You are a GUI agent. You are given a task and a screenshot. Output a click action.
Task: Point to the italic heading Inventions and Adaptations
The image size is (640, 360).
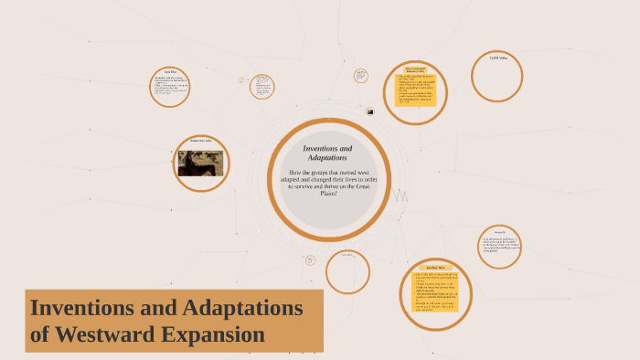pos(326,153)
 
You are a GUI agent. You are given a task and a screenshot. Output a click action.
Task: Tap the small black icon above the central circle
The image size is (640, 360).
pos(370,111)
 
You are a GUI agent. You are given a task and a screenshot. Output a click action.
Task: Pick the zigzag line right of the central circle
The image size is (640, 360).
pos(400,195)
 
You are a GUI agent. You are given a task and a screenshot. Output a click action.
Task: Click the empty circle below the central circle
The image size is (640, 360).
pos(347,272)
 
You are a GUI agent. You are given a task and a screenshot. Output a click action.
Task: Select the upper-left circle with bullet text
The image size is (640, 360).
pos(170,87)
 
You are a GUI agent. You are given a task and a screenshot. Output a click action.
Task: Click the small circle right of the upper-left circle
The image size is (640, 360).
pos(261,86)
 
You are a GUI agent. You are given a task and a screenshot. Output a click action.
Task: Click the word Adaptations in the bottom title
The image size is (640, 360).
pos(241,307)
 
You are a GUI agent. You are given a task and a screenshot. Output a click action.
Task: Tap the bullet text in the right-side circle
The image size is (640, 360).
pos(499,246)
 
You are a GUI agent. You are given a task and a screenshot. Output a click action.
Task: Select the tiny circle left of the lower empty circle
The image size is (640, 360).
pos(311,260)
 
